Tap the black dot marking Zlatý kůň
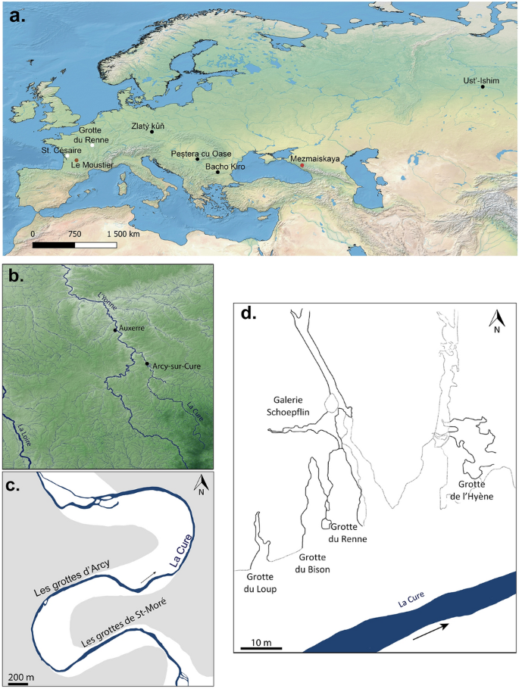pos(152,132)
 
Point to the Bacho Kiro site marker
pos(218,172)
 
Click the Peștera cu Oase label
pos(200,152)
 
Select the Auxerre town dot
pos(115,330)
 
